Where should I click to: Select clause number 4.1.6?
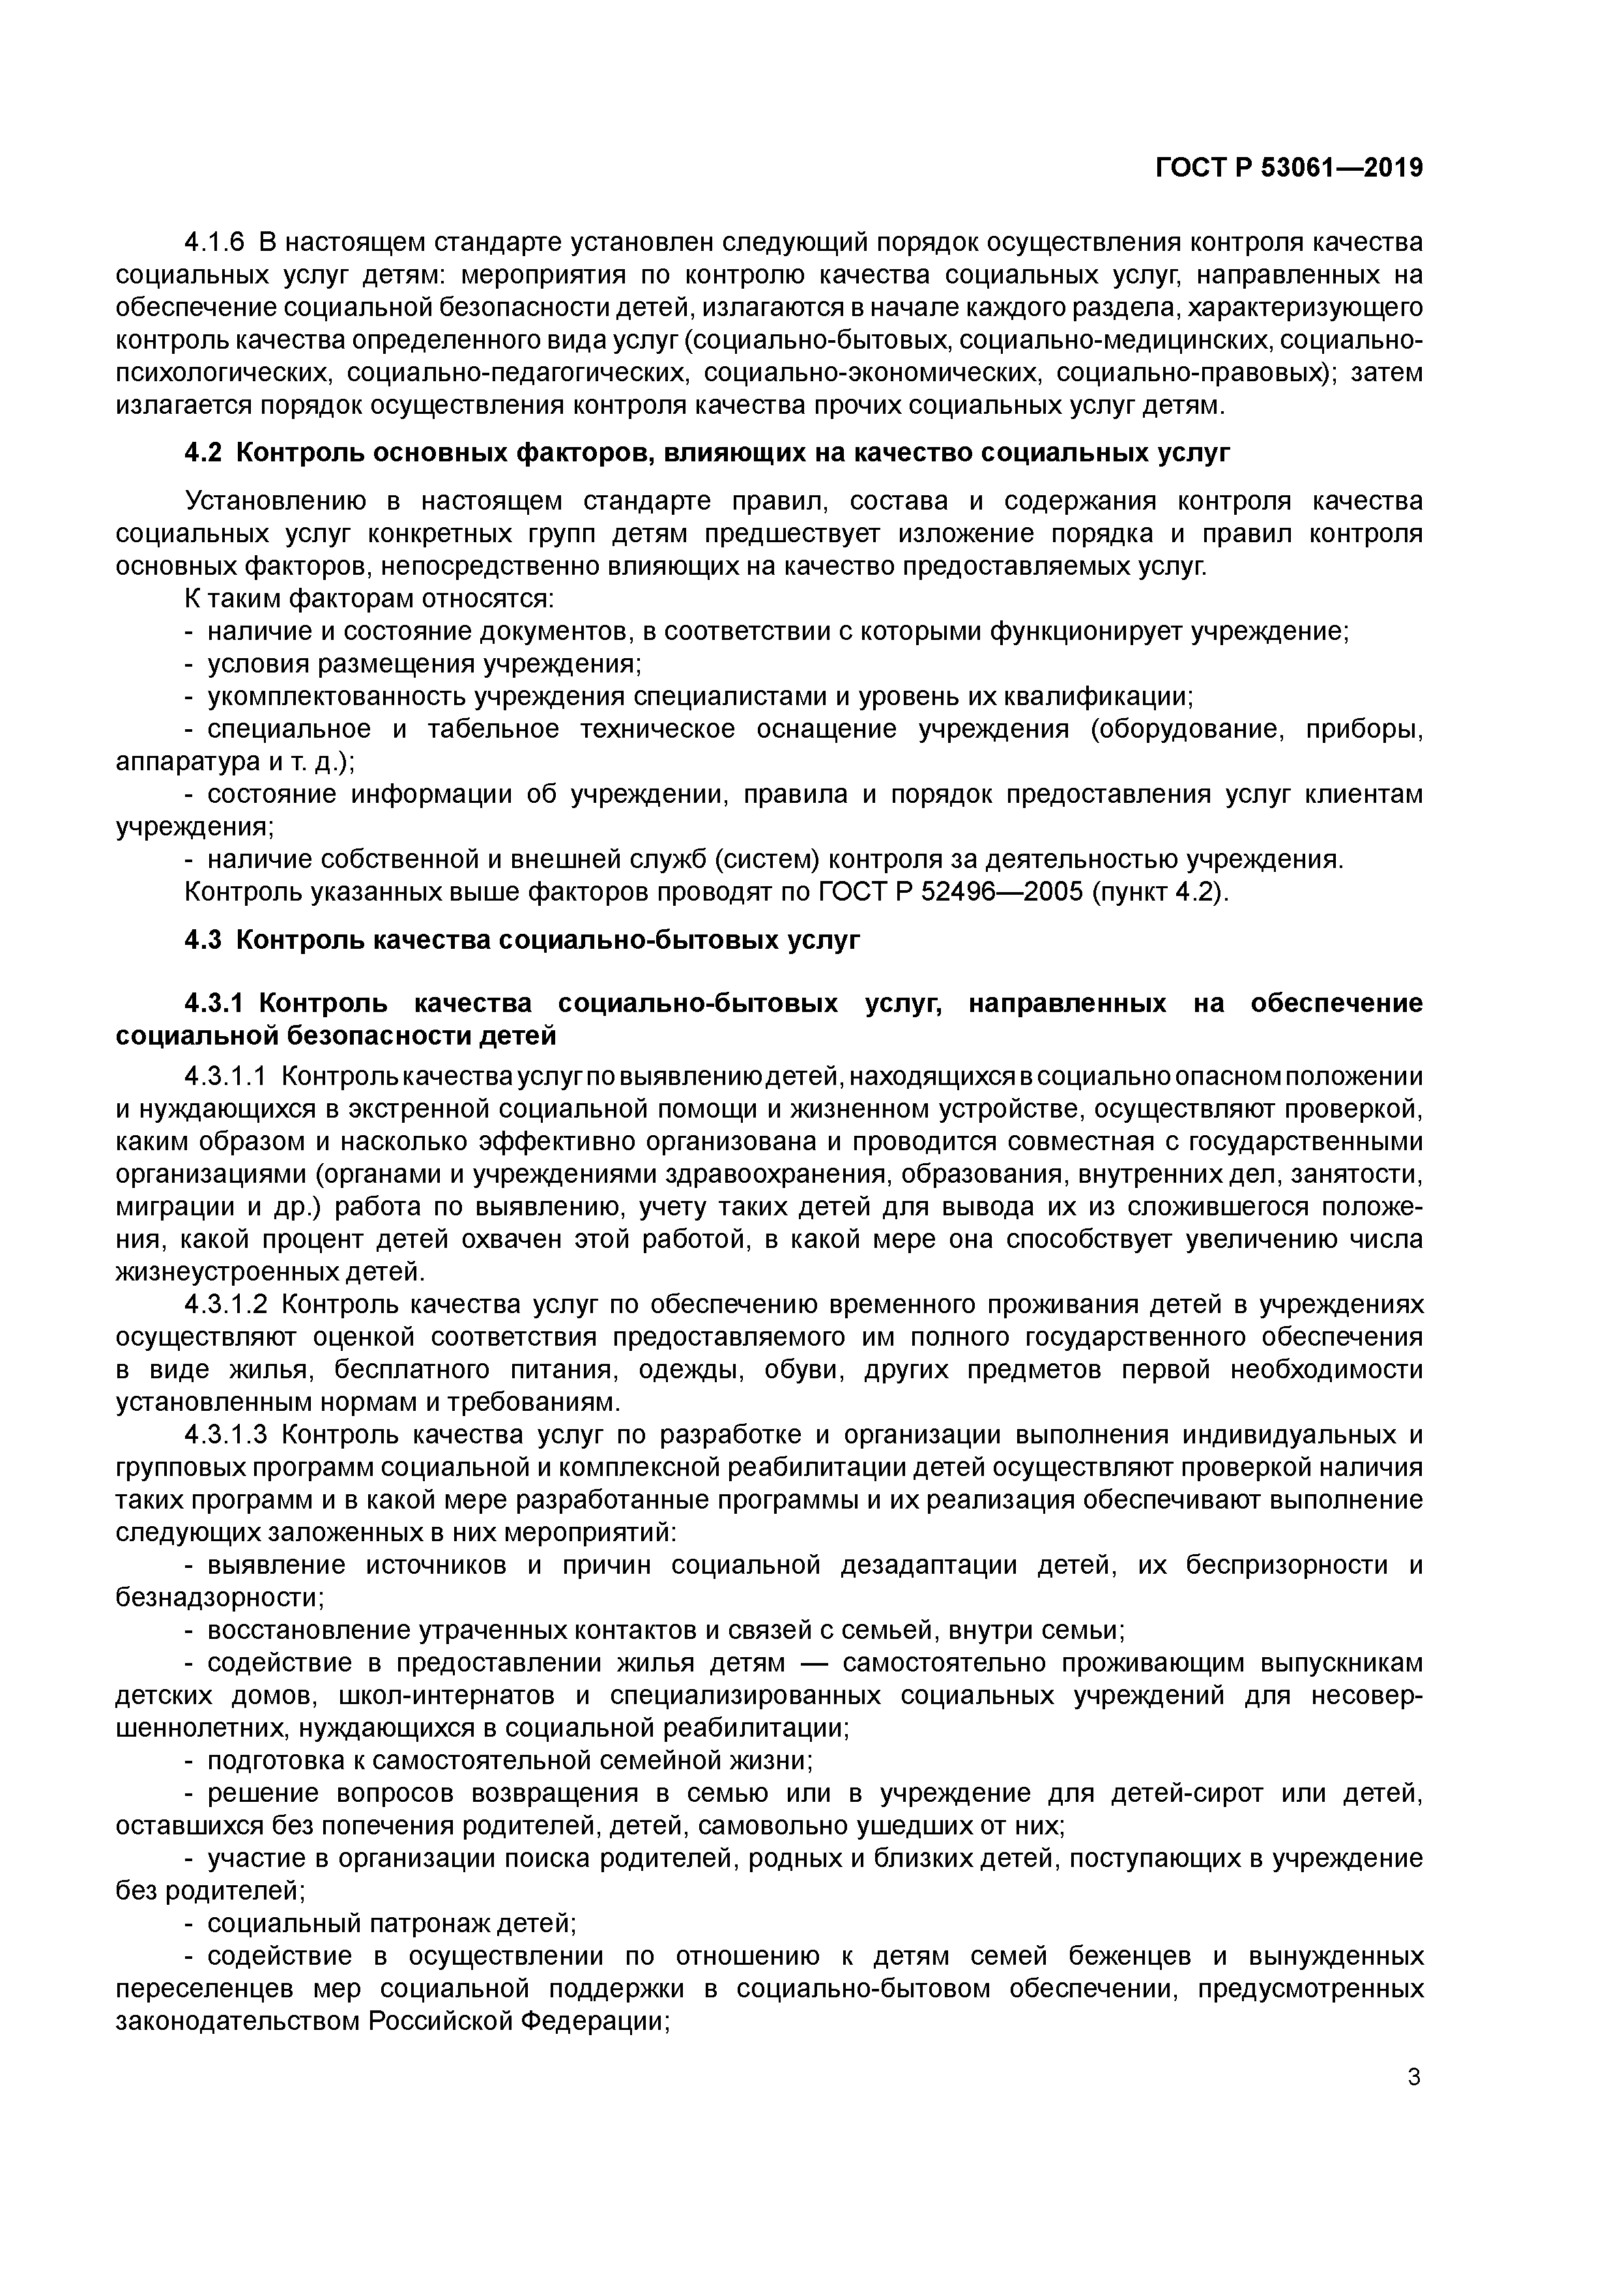click(214, 242)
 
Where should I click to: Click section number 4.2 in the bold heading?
click(205, 453)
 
